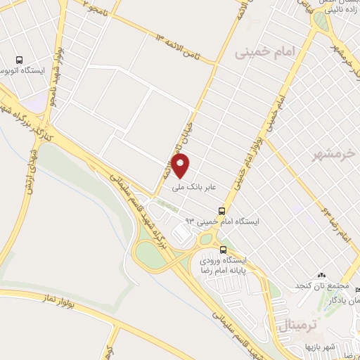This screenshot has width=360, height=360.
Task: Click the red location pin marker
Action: (181, 166)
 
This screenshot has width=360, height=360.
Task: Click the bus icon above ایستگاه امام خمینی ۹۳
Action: (222, 210)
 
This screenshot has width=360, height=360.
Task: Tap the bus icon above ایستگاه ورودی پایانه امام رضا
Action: (224, 250)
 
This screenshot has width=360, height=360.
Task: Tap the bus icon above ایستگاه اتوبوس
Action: (22, 61)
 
